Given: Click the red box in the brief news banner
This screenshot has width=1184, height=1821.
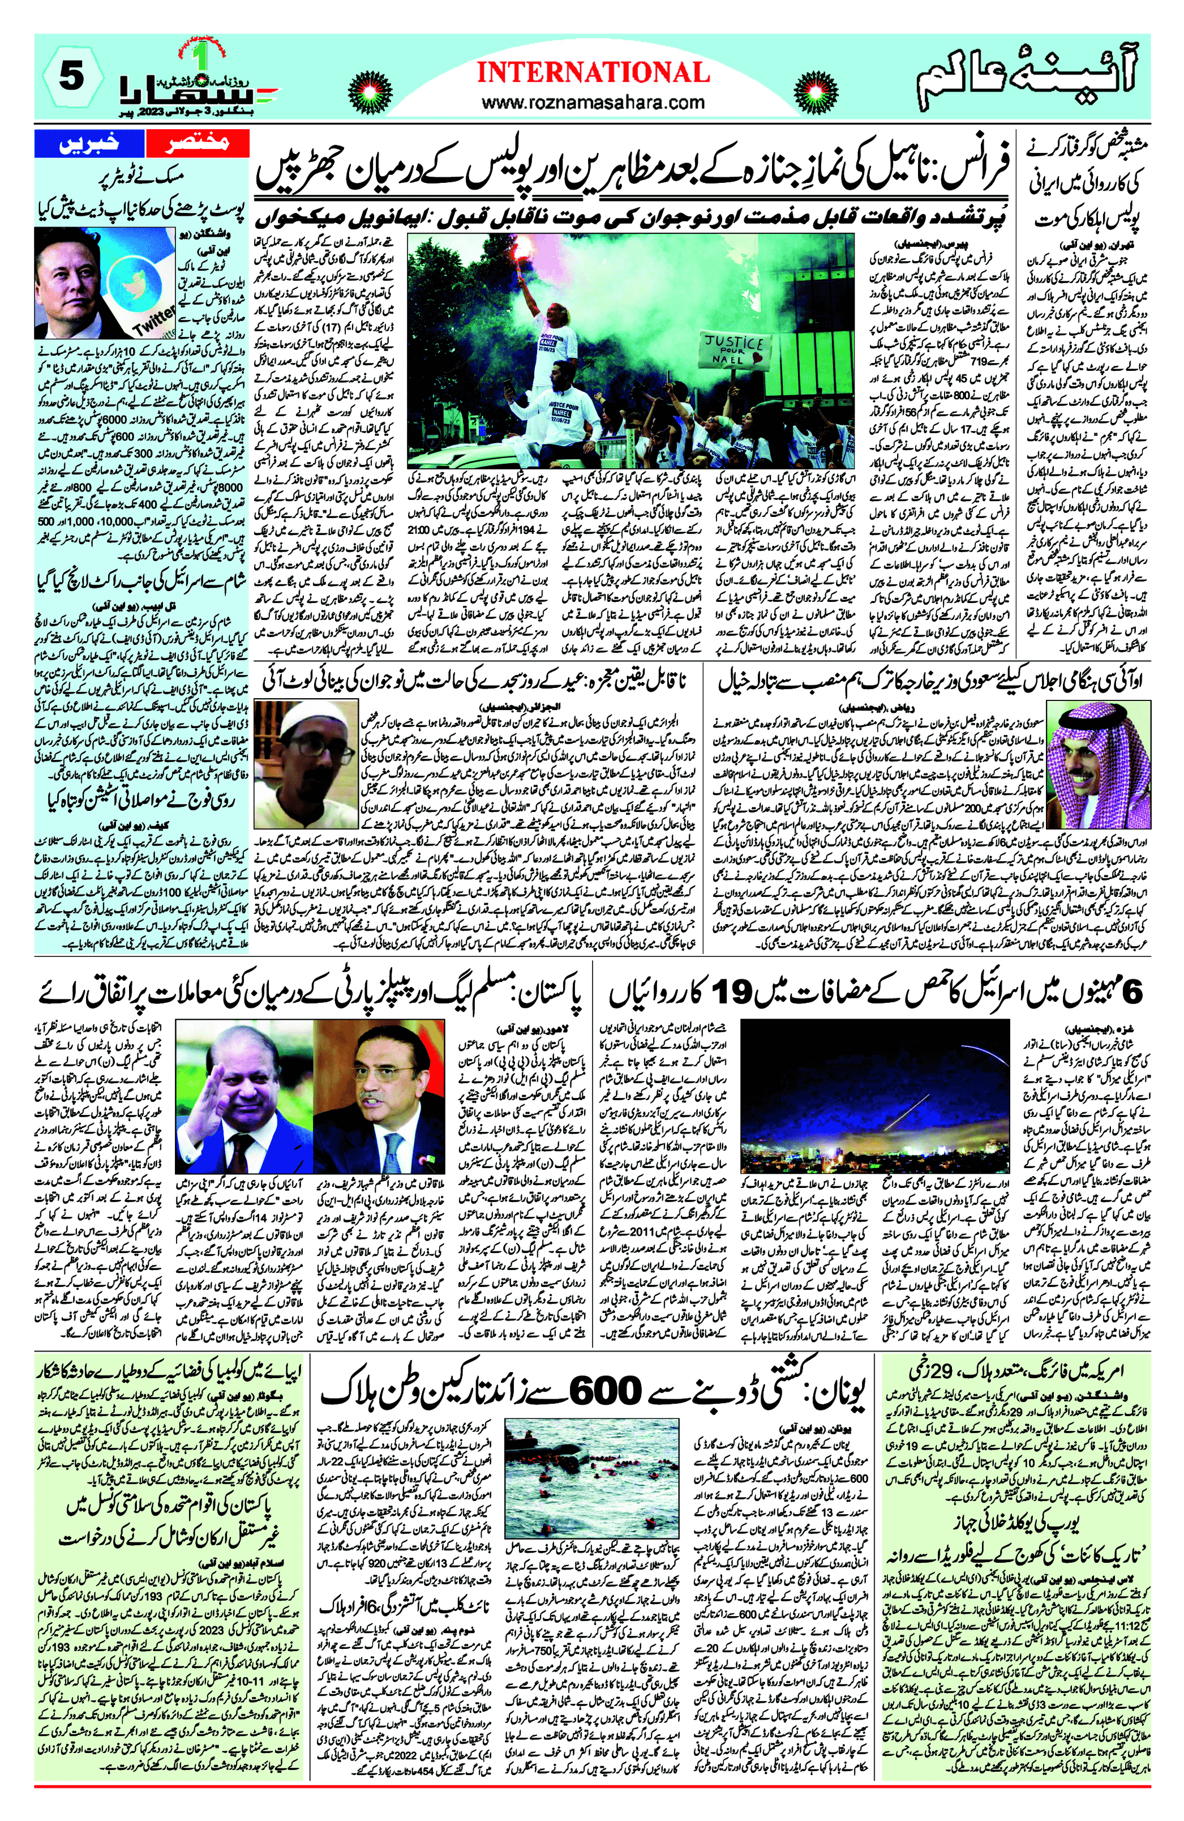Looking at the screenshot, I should click(x=198, y=143).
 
